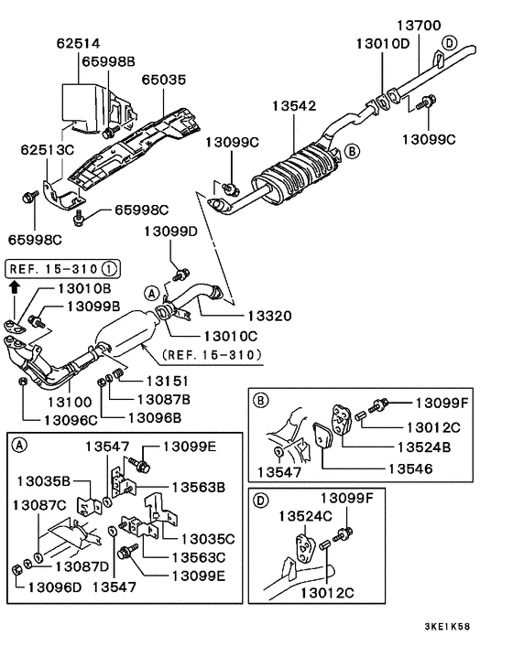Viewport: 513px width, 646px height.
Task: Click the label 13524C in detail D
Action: tap(305, 516)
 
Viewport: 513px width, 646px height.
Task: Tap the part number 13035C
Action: tap(209, 539)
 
